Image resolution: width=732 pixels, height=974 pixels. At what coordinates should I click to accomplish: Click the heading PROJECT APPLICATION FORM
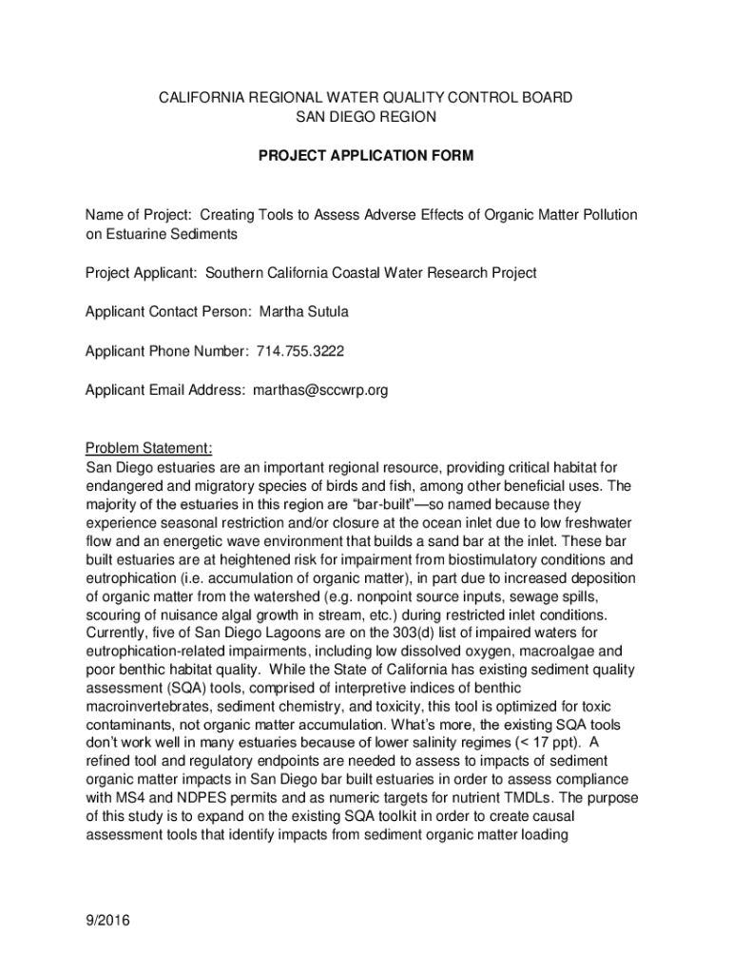click(366, 155)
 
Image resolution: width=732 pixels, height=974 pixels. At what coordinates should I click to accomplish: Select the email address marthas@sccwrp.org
click(320, 390)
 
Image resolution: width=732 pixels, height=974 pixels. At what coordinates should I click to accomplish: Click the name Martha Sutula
click(310, 312)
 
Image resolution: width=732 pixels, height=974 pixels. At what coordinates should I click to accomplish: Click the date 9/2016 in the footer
click(107, 920)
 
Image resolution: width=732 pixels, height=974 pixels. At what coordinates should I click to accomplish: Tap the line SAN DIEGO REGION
click(366, 117)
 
